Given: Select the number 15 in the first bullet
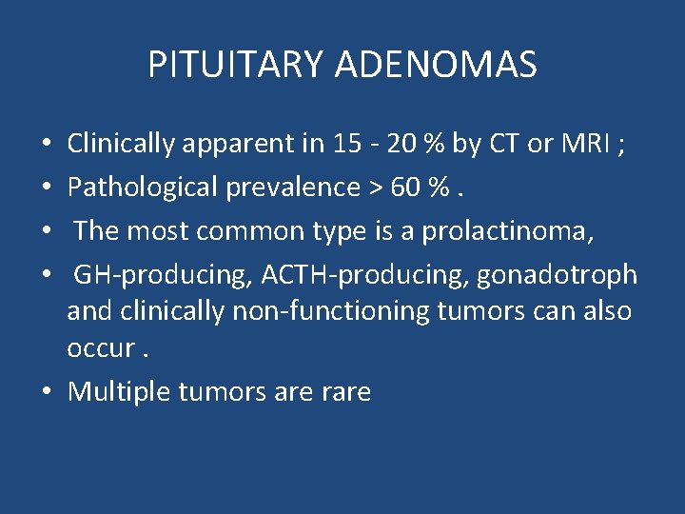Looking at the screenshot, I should tap(347, 144).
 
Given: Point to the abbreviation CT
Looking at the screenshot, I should tap(504, 144).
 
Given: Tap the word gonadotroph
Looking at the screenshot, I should tap(557, 274).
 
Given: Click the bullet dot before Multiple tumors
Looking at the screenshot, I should tap(48, 392).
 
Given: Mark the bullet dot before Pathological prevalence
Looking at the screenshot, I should tap(48, 188).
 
